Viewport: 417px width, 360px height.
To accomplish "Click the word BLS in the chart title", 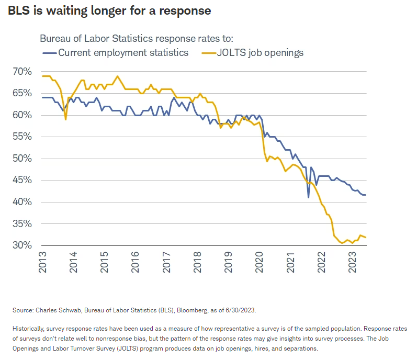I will pos(19,10).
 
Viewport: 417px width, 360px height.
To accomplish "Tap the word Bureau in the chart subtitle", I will pos(55,39).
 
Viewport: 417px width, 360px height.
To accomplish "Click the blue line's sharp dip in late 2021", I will pos(308,197).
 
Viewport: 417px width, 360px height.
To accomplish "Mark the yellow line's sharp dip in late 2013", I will pos(65,119).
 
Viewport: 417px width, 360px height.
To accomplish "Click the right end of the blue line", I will pos(366,195).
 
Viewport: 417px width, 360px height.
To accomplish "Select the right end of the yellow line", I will pos(366,238).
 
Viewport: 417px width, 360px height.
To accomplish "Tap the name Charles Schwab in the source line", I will pos(53,311).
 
